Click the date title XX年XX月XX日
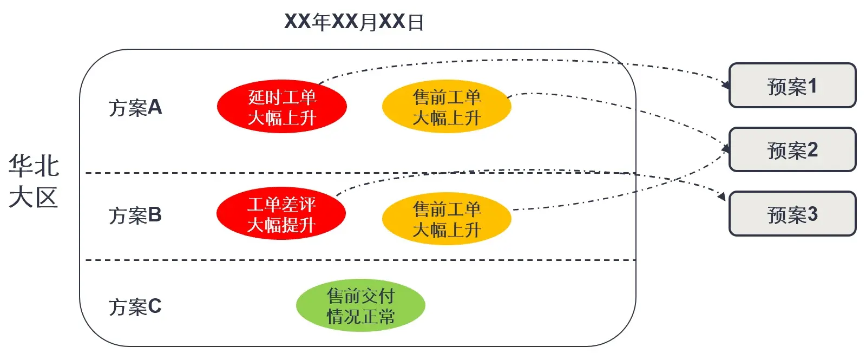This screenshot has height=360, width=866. coord(354,22)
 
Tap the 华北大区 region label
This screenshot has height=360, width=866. coord(34,181)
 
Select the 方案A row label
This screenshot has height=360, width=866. coord(135,107)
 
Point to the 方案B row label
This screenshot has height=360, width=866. coord(135,215)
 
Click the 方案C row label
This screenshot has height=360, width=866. coord(135,306)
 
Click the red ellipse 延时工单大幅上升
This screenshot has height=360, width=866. coord(281,107)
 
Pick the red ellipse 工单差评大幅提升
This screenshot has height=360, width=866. coord(281,214)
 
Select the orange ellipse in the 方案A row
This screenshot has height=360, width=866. coord(447,107)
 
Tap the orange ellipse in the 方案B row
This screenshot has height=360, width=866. coord(447,219)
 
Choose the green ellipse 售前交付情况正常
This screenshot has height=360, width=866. coord(360,306)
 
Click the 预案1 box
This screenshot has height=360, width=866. coord(792,86)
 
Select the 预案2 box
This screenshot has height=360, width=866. coord(792,149)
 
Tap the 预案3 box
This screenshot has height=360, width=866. coord(792,214)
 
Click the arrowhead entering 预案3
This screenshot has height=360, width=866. coord(721,196)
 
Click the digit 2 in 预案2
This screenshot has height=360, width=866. coord(812,149)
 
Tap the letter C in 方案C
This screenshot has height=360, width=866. coord(155,306)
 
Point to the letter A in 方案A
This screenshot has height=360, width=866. coord(155,107)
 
